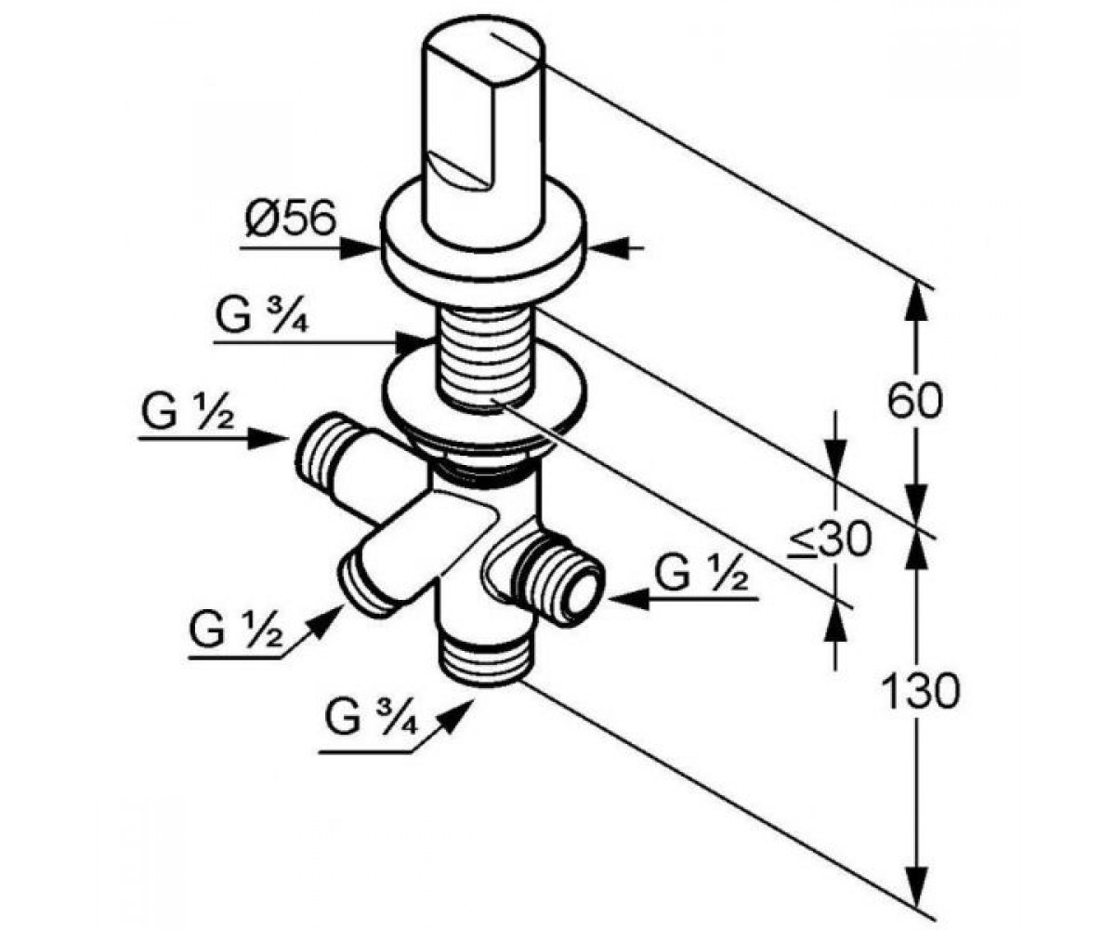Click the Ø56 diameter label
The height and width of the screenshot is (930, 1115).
(291, 218)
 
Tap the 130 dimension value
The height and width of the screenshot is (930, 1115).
(919, 691)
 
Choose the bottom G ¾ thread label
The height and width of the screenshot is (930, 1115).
(371, 717)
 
